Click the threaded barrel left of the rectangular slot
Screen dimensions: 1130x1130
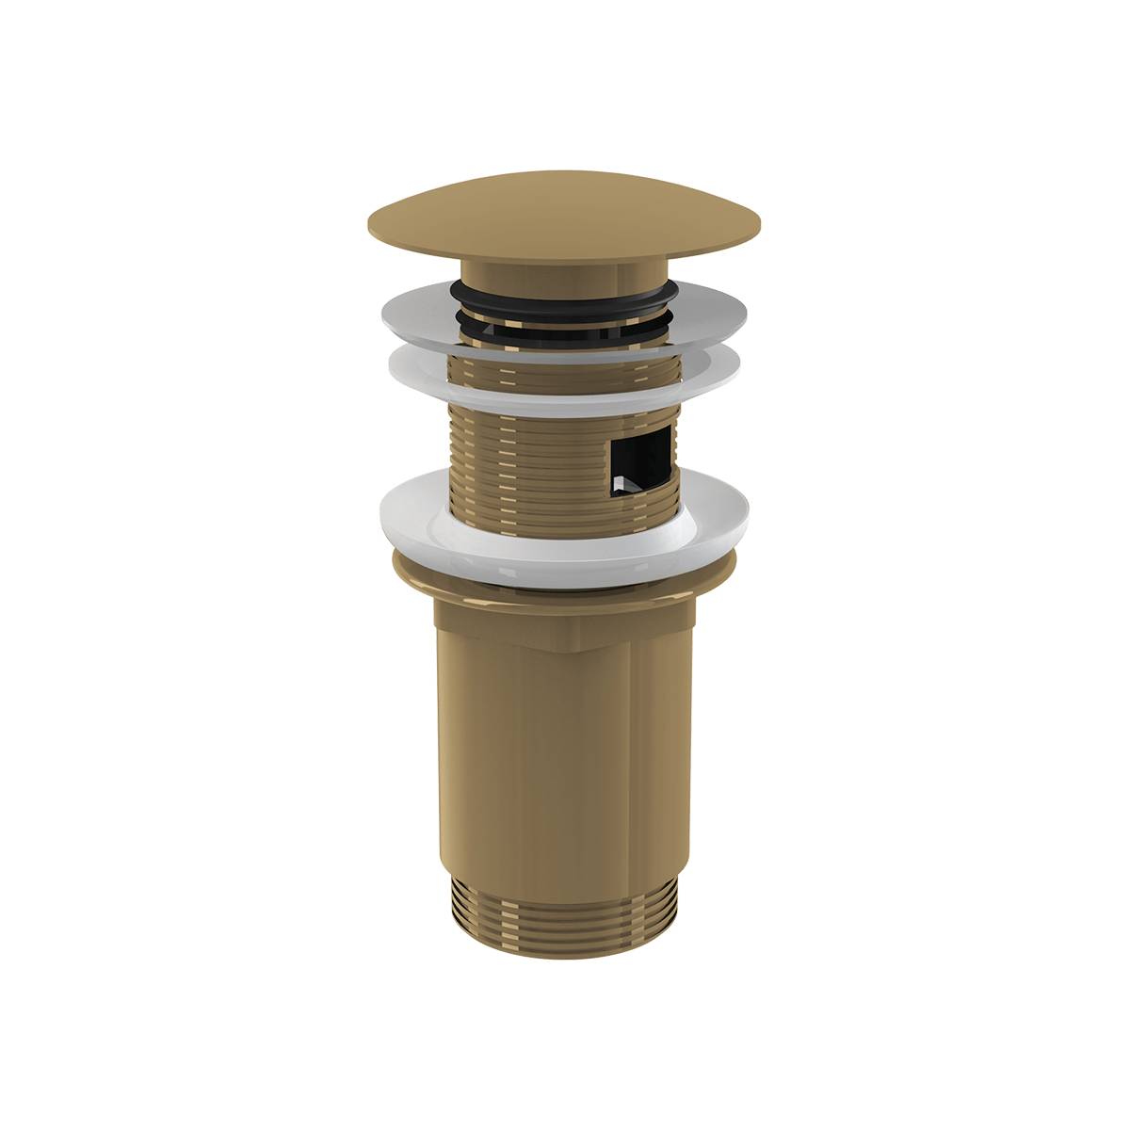point(527,443)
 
